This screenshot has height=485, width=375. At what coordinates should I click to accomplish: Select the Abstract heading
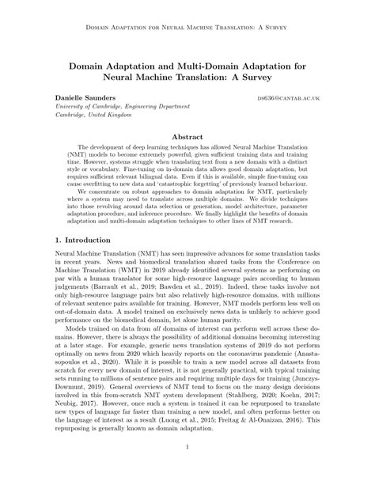pyautogui.click(x=187, y=135)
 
